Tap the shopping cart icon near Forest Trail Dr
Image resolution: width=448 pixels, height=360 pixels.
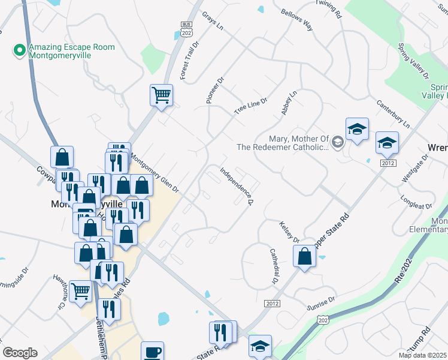[x=161, y=95]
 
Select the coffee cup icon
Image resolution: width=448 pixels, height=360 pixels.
[x=152, y=351]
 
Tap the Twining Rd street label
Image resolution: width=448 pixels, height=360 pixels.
[x=328, y=9]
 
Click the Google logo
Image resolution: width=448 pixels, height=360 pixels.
[x=20, y=353]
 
